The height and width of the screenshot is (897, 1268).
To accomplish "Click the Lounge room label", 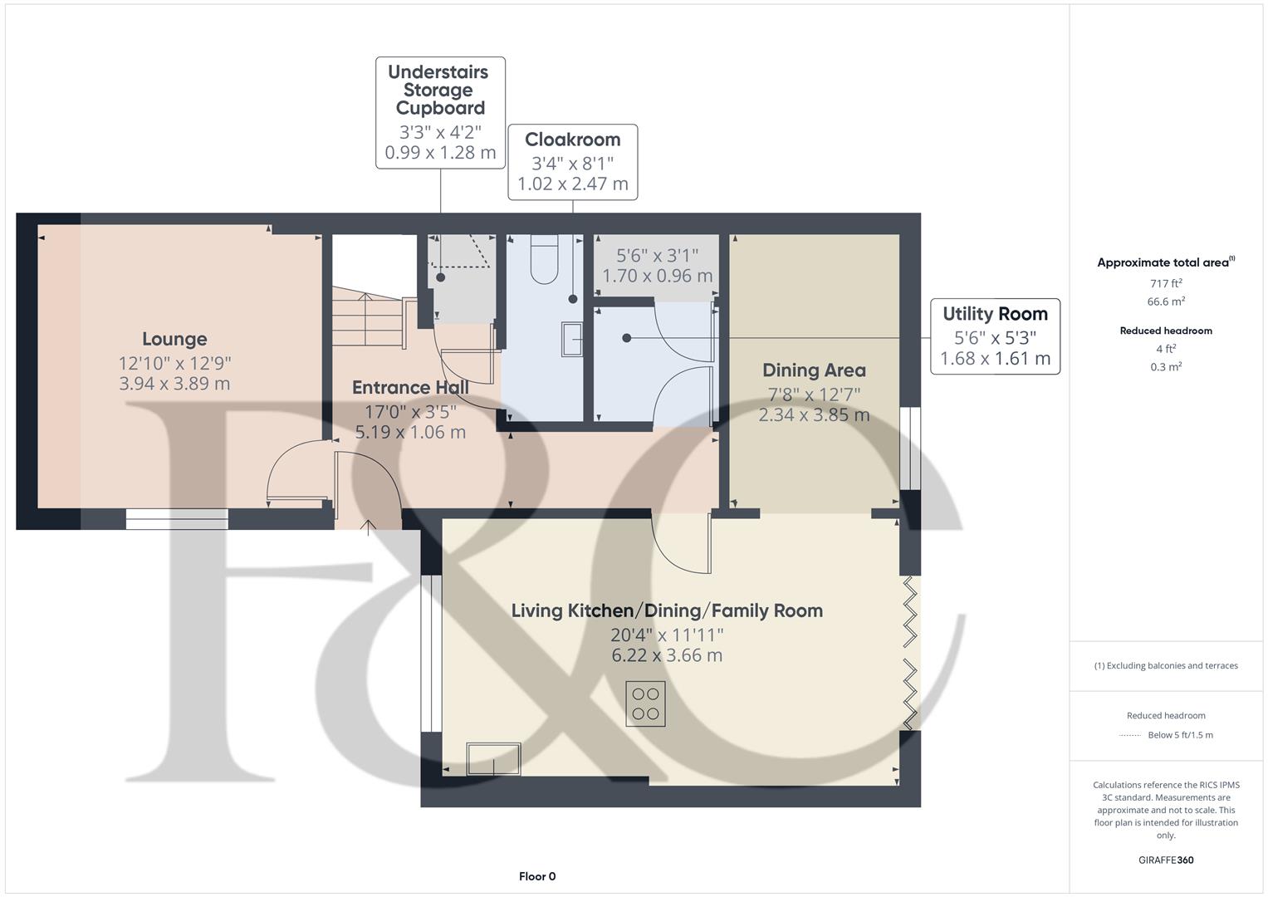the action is coord(174,339).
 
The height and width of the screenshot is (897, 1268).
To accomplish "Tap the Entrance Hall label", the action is coord(410,387).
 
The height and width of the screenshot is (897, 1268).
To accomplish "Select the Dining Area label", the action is coord(814,370).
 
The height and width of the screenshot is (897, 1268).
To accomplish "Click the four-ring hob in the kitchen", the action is coord(645,704).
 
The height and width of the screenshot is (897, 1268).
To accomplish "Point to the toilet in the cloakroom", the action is coord(545,259).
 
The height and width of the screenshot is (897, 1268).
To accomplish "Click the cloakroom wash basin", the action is coord(572,339).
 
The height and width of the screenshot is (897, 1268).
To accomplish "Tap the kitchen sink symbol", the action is coord(493,759).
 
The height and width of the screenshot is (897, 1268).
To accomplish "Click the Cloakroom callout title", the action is coord(572,140).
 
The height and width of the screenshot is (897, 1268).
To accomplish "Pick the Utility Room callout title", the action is coord(995,314).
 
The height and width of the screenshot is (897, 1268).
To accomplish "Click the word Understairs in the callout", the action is coord(438,72).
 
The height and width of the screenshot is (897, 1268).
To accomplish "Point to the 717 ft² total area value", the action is coord(1166,283).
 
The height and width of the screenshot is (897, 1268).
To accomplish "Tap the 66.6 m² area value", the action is coord(1166,301).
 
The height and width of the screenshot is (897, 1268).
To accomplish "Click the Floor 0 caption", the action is coord(537,876).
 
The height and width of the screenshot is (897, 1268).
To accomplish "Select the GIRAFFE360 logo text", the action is coord(1166,860).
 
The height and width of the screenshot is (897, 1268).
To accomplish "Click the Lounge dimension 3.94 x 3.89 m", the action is coord(174,384).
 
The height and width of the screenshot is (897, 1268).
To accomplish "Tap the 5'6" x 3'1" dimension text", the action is coord(657,256).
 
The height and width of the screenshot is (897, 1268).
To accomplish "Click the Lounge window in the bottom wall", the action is coord(177,519).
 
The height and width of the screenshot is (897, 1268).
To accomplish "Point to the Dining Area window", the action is coord(910,448).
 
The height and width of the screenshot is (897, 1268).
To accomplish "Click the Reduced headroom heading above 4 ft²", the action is coord(1166,331).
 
